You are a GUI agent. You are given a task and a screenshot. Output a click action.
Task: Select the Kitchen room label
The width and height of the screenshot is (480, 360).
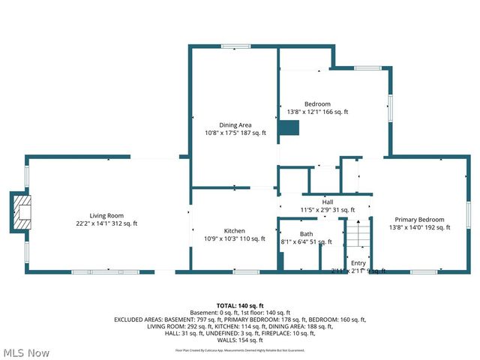tap(235, 230)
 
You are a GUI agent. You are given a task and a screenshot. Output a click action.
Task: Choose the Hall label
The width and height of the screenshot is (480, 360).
tap(327, 202)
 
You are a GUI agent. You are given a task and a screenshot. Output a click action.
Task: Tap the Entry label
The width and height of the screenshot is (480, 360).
tap(358, 262)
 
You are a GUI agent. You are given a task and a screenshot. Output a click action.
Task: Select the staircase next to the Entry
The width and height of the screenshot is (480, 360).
tap(358, 238)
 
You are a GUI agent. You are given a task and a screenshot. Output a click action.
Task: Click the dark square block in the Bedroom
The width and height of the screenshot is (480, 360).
tap(289, 129)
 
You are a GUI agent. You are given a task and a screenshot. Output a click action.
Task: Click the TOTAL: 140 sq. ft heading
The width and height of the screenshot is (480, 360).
tap(239, 306)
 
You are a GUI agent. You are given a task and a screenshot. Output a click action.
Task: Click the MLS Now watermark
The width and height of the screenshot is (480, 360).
tap(26, 352)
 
